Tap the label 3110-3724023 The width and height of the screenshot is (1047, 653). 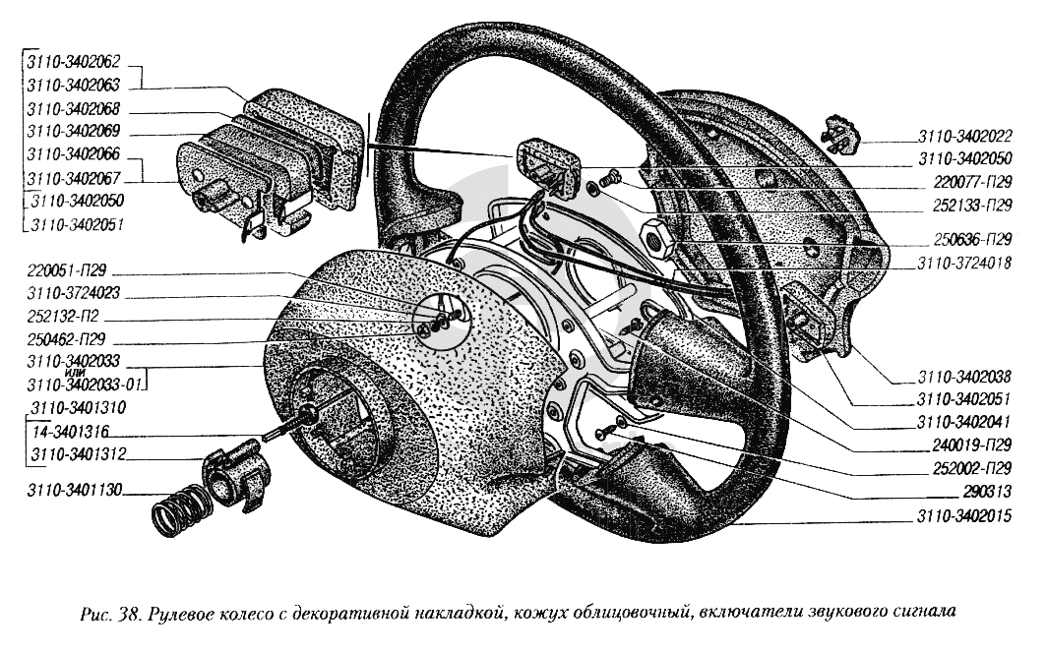[x=77, y=293]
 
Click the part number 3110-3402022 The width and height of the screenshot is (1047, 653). [x=965, y=137]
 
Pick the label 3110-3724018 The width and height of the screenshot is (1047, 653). [x=965, y=264]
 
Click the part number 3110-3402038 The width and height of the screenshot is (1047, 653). [x=965, y=377]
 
